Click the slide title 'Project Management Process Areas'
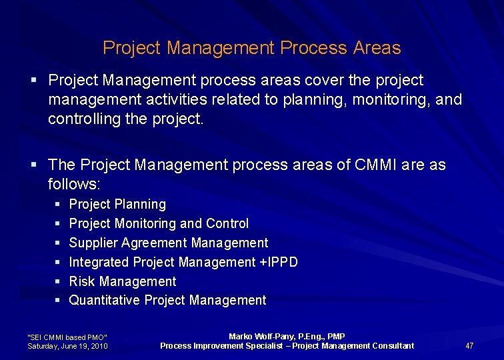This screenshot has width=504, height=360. tap(251, 48)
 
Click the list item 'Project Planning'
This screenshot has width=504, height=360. tap(117, 204)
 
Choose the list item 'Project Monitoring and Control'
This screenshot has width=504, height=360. tap(159, 223)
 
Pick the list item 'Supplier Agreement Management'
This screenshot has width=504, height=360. tap(169, 243)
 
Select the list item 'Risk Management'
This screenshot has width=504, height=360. tap(123, 281)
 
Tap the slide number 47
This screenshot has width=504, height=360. tap(469, 345)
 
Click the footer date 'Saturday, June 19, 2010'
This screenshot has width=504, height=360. tap(67, 346)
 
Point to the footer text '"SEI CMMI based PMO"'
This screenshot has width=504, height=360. tap(67, 337)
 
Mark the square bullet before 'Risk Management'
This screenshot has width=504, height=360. tap(59, 281)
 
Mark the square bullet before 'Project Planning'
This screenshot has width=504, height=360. tap(59, 204)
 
